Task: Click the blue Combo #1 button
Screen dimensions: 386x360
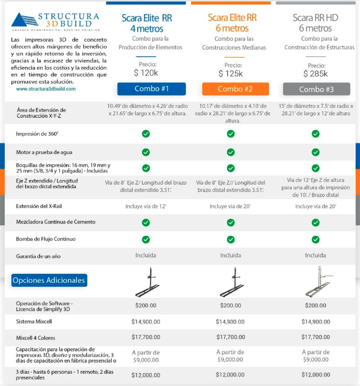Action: tap(152, 89)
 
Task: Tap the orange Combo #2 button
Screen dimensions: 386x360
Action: tap(235, 89)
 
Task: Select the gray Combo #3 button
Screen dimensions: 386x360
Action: tap(317, 89)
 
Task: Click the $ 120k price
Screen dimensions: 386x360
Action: tap(146, 73)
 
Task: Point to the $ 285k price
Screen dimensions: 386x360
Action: tap(316, 74)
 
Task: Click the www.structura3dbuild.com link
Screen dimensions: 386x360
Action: tap(46, 89)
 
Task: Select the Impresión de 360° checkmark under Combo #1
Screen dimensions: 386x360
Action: tap(146, 134)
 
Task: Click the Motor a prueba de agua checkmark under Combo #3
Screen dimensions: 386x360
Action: tap(316, 152)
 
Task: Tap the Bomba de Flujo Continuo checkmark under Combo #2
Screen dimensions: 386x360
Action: tap(231, 240)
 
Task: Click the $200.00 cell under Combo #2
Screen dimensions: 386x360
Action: tap(231, 305)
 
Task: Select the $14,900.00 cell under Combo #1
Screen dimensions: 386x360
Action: tap(146, 322)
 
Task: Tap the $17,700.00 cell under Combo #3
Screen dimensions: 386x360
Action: tap(316, 337)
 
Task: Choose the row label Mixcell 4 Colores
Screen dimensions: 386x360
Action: tap(36, 338)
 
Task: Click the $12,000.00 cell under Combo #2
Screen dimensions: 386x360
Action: tap(231, 375)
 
